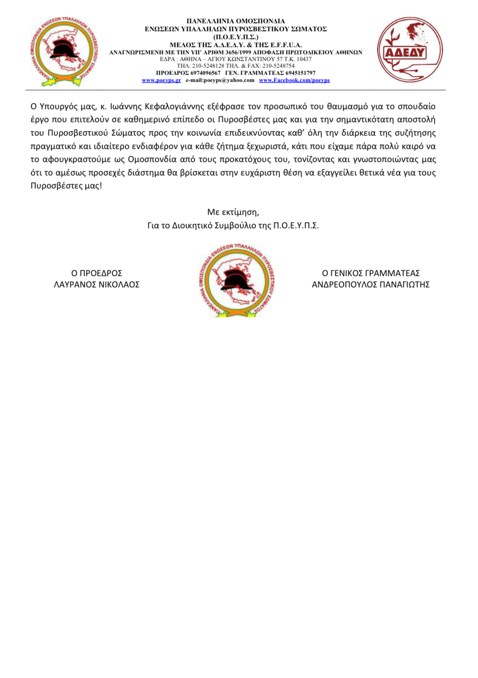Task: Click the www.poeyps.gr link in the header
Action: click(x=162, y=80)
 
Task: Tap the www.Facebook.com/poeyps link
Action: click(x=294, y=80)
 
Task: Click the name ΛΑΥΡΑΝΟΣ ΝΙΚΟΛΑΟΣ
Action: click(x=97, y=285)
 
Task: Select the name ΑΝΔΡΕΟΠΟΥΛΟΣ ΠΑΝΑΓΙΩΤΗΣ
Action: click(x=371, y=285)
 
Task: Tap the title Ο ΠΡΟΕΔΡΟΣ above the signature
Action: click(x=97, y=273)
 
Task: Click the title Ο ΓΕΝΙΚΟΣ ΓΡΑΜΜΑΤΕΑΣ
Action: click(x=371, y=273)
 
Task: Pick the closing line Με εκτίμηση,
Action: click(x=233, y=212)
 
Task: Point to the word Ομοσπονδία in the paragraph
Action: click(x=154, y=159)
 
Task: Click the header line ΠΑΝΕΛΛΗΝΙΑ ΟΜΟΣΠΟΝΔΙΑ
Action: click(x=235, y=21)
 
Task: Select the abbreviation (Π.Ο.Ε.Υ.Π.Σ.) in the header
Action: click(x=235, y=37)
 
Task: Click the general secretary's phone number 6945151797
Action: click(x=300, y=73)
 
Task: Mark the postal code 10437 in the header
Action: click(x=304, y=59)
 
